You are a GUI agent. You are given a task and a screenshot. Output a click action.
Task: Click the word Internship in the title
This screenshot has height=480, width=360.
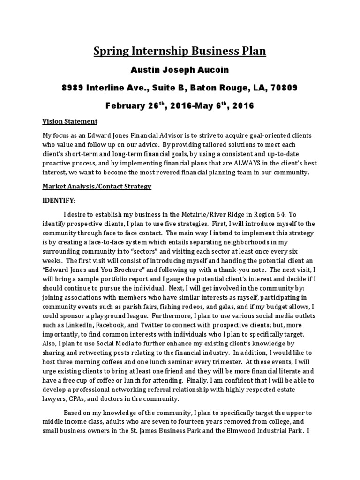(x=154, y=51)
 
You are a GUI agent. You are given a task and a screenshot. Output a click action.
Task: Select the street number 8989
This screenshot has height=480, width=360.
(x=76, y=88)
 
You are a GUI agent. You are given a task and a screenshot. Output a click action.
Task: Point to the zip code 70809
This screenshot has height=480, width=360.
(x=283, y=88)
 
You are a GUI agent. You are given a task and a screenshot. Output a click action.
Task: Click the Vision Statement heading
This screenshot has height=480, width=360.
(x=70, y=121)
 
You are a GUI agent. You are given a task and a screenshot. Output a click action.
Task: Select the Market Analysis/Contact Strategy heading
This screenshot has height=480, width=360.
(x=97, y=186)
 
